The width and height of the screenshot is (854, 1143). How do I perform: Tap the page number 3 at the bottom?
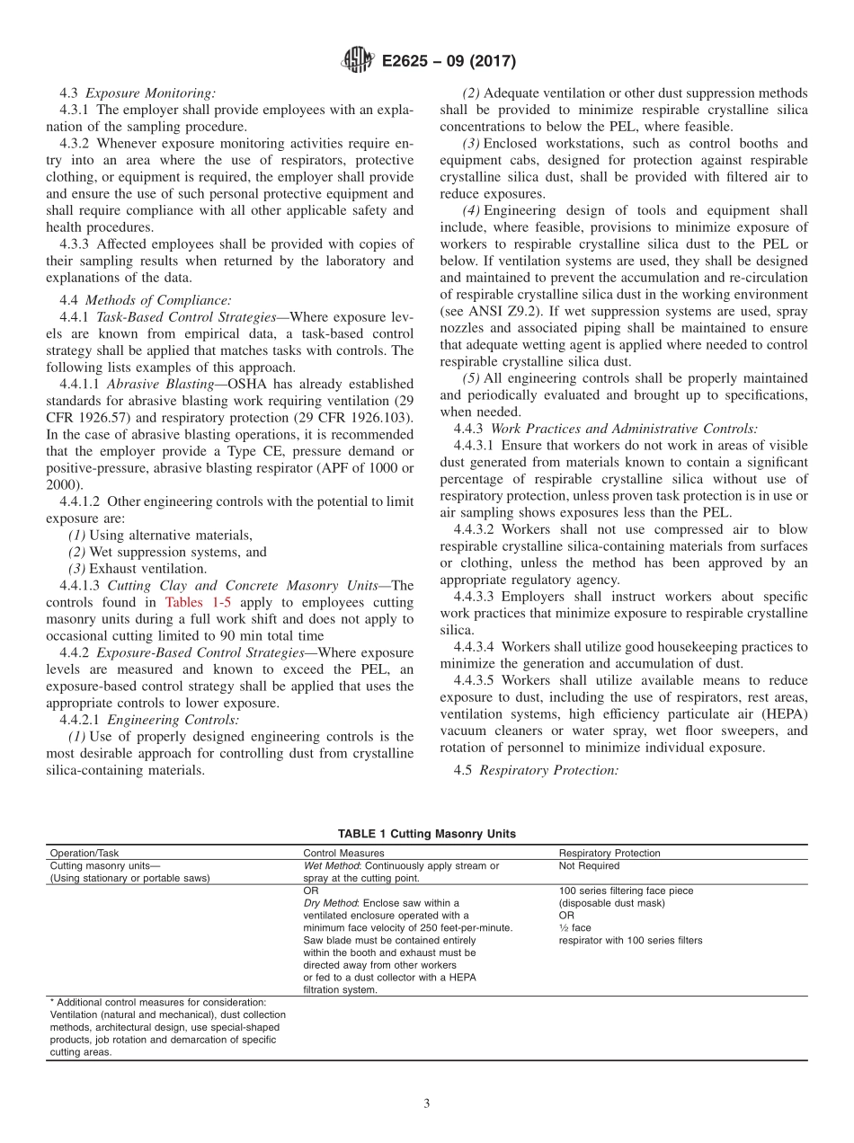click(427, 1103)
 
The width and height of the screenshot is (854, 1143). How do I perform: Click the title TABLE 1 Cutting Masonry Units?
click(427, 834)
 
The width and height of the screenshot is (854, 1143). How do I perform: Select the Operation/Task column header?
click(84, 853)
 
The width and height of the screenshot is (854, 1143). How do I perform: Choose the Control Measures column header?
click(343, 853)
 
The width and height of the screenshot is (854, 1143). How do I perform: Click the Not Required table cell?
click(589, 866)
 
